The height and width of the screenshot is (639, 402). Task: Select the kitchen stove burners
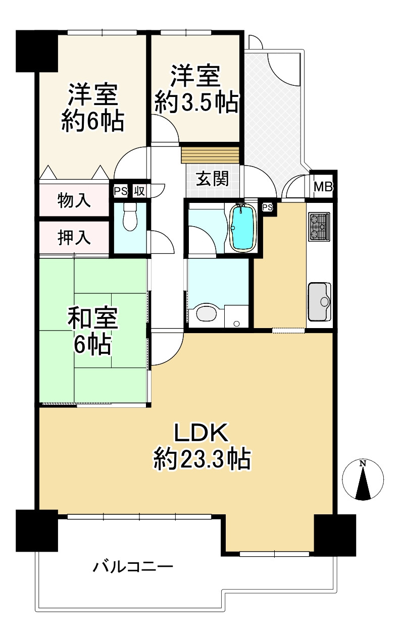pos(319,226)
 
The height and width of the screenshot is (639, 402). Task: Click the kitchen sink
pos(319,301)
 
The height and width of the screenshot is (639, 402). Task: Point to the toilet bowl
pos(130,220)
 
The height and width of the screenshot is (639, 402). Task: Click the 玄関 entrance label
pos(212,179)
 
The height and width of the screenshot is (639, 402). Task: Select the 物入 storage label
pos(74,200)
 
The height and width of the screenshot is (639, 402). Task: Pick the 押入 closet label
pos(74,238)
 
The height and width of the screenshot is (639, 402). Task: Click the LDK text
pos(202,433)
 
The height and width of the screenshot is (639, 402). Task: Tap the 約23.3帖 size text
pos(202,460)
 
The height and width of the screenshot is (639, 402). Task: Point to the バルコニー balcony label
pos(133,567)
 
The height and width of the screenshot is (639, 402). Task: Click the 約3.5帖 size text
pos(196,103)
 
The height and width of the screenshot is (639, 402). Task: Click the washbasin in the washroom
pos(206,313)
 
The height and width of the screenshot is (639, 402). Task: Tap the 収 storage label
pos(139,191)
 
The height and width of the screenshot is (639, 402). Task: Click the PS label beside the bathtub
pos(268,207)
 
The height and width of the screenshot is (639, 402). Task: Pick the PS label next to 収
pos(120,191)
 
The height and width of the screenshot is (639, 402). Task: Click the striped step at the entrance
pos(210,154)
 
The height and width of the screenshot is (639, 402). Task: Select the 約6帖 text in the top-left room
pos(93,121)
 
